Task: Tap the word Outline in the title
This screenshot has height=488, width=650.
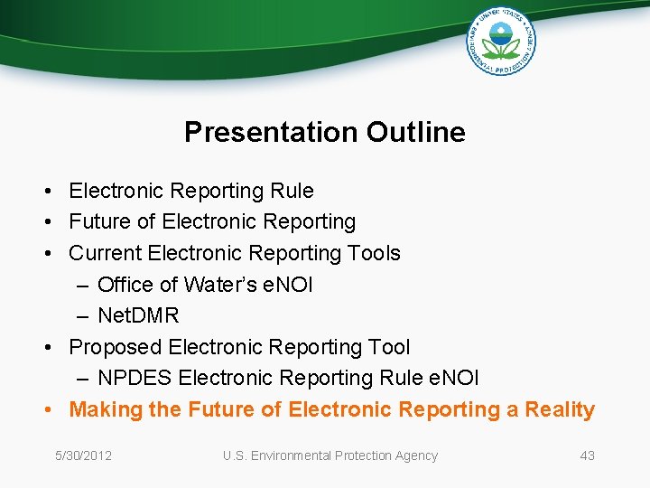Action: pos(416,132)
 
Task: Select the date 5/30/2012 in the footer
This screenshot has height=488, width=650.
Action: pos(83,455)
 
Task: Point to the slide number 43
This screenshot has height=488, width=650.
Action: pos(587,455)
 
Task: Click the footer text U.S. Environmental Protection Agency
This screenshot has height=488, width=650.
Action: pos(330,455)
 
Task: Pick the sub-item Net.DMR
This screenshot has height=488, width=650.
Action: pos(138,315)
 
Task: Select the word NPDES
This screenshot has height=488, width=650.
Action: pos(135,378)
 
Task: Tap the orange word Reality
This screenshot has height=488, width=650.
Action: pos(560,409)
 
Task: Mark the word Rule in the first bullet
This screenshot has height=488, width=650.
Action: pos(292,191)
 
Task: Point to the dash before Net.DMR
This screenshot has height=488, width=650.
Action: pos(82,315)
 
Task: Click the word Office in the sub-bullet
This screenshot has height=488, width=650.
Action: pos(125,285)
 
